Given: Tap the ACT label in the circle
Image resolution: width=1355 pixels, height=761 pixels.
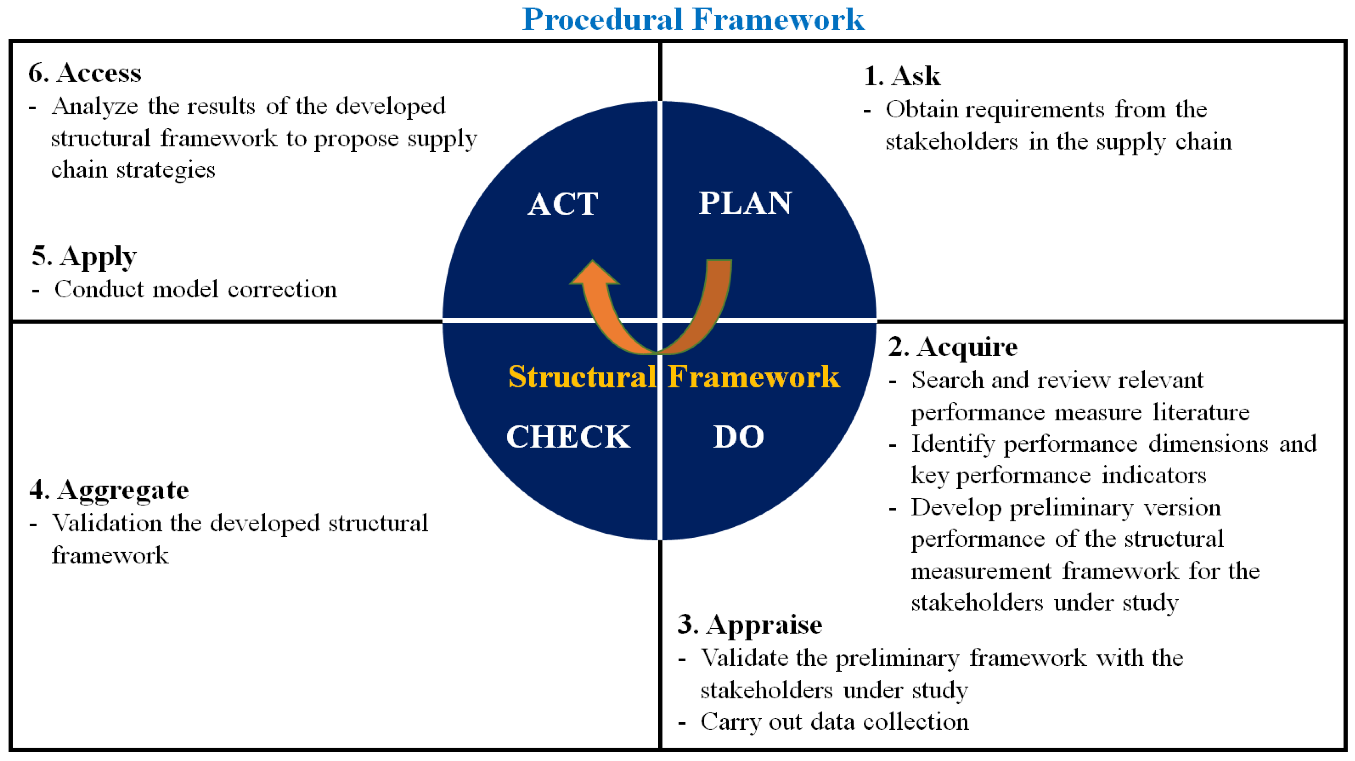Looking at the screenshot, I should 563,204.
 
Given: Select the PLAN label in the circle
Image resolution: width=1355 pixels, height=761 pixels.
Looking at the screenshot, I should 745,203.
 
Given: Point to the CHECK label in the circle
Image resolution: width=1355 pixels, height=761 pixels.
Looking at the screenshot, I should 568,436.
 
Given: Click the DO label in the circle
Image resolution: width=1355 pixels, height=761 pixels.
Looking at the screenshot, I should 738,436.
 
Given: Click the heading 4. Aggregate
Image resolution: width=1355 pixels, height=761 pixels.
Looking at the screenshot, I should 109,490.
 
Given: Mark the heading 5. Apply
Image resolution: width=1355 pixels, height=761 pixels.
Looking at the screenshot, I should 84,257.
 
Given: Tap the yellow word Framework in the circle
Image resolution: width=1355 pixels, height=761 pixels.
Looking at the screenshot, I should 754,376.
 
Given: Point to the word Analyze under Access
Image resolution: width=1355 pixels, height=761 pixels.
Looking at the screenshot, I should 95,107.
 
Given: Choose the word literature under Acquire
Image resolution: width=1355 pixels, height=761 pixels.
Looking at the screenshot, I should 1201,412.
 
